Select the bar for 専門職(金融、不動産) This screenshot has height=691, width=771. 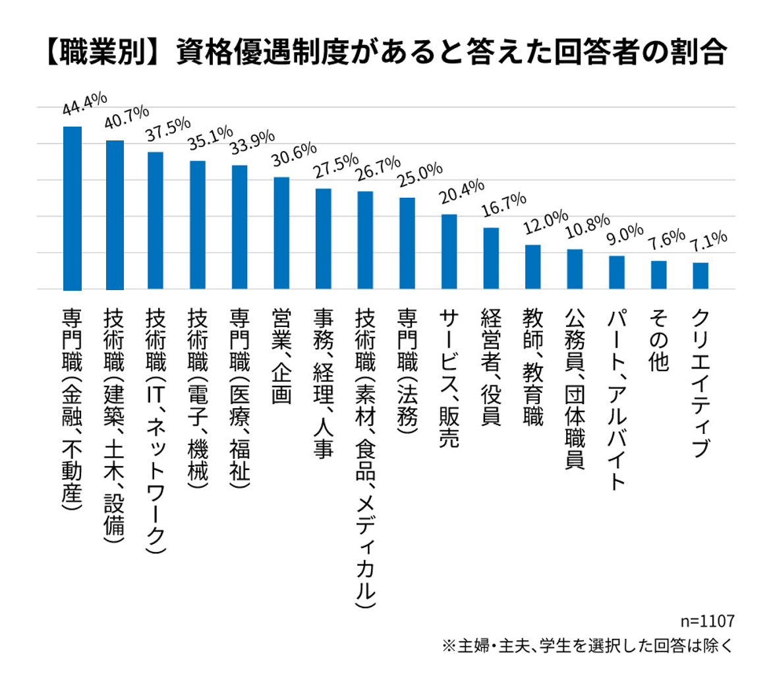pyautogui.click(x=72, y=208)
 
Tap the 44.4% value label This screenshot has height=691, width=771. pyautogui.click(x=84, y=107)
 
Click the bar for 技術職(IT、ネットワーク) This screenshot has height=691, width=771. pyautogui.click(x=156, y=220)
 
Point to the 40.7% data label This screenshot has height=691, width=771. pyautogui.click(x=127, y=120)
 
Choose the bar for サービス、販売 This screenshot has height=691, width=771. pyautogui.click(x=449, y=251)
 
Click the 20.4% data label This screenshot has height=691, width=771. pyautogui.click(x=462, y=193)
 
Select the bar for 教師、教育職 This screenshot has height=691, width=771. pyautogui.click(x=533, y=266)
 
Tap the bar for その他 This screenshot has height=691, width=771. pyautogui.click(x=659, y=274)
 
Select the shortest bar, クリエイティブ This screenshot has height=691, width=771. pyautogui.click(x=700, y=276)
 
